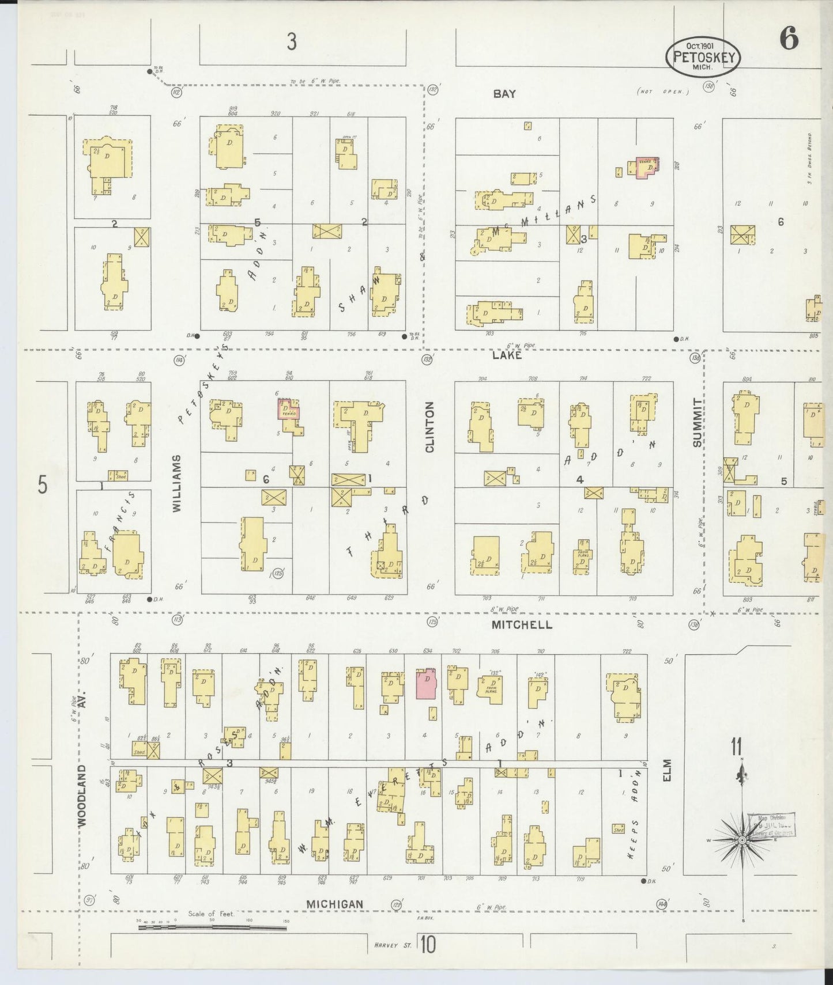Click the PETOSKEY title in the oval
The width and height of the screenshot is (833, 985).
point(703,57)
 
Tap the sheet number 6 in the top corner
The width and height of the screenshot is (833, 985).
point(789,39)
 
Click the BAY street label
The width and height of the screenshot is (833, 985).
point(504,94)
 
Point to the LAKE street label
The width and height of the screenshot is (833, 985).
point(507,355)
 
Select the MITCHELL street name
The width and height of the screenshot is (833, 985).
point(522,624)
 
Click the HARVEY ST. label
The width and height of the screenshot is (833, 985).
point(392,945)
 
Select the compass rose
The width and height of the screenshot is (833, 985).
point(743,840)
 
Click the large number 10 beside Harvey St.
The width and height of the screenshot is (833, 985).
point(427,945)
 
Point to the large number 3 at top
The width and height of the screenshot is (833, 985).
point(292,41)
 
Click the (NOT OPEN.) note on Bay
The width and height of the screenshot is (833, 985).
point(663,92)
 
